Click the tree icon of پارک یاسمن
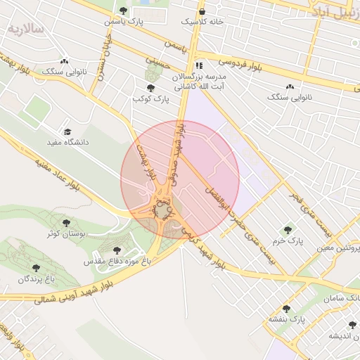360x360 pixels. pos(124,11)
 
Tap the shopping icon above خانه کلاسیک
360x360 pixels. pos(202,11)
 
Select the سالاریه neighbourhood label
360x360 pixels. pos(26,29)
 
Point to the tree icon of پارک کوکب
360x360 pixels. pos(150,87)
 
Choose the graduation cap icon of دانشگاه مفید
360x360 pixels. pos(67,131)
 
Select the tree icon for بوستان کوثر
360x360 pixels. pos(66,223)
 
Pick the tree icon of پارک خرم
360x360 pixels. pos(287,230)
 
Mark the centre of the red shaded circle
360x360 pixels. pos(180,180)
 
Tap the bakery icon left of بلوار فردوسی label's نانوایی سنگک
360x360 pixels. pos(65,61)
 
